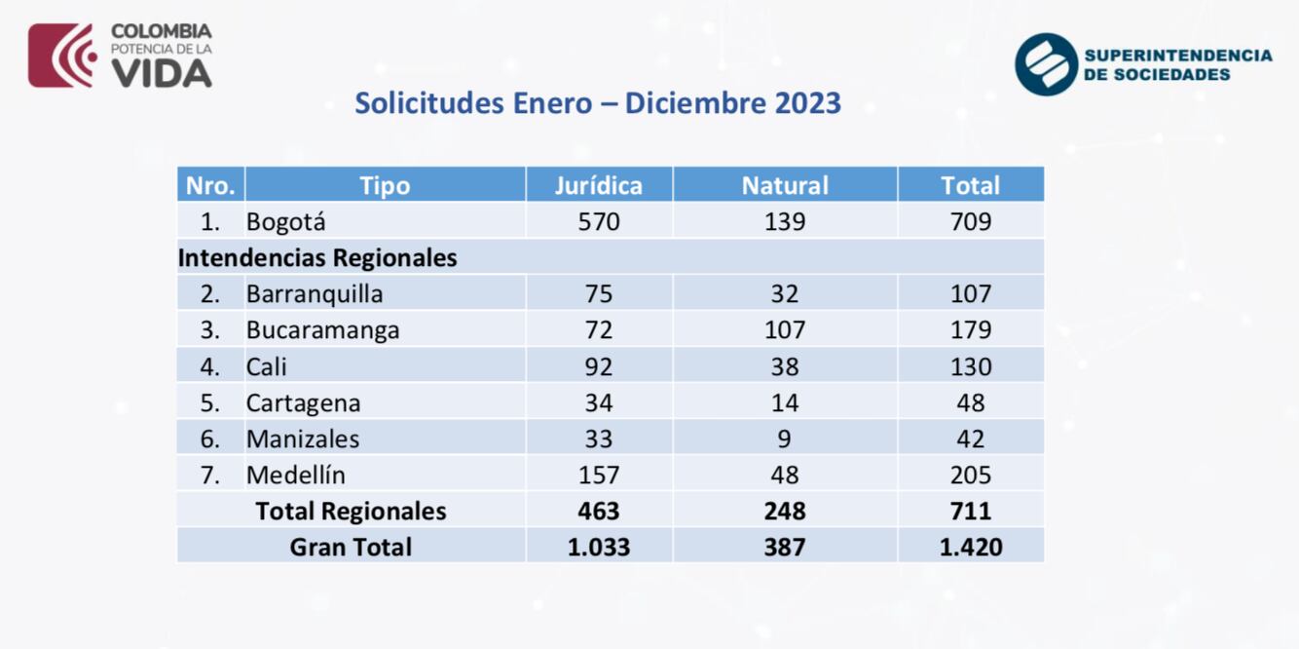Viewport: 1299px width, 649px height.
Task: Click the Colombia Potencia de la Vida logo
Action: (120, 56)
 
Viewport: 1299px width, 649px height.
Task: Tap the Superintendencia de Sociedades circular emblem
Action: (1046, 64)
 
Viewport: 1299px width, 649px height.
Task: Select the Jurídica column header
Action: (598, 185)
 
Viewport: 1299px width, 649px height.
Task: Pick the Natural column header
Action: (784, 185)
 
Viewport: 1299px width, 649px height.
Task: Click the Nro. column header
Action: (210, 185)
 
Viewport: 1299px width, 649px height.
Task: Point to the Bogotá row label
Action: (286, 221)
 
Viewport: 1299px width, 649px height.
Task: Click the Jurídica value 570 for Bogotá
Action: (598, 221)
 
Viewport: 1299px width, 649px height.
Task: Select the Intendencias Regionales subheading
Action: (317, 257)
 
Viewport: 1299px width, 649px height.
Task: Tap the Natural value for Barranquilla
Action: (784, 293)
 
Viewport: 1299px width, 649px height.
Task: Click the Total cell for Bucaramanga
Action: (970, 329)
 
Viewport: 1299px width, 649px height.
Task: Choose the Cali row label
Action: (267, 366)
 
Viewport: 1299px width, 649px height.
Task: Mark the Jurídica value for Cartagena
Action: (598, 402)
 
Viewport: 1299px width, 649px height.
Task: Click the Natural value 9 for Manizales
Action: (784, 439)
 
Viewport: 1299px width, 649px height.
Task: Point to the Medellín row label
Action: (295, 475)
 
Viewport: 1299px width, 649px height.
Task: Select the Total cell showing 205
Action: (970, 475)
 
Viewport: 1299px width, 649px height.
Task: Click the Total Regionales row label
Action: (351, 511)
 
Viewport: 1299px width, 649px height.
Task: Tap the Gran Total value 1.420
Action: (970, 547)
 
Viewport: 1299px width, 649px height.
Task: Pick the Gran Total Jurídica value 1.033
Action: (598, 547)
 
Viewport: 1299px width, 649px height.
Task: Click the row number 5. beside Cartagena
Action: (210, 402)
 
